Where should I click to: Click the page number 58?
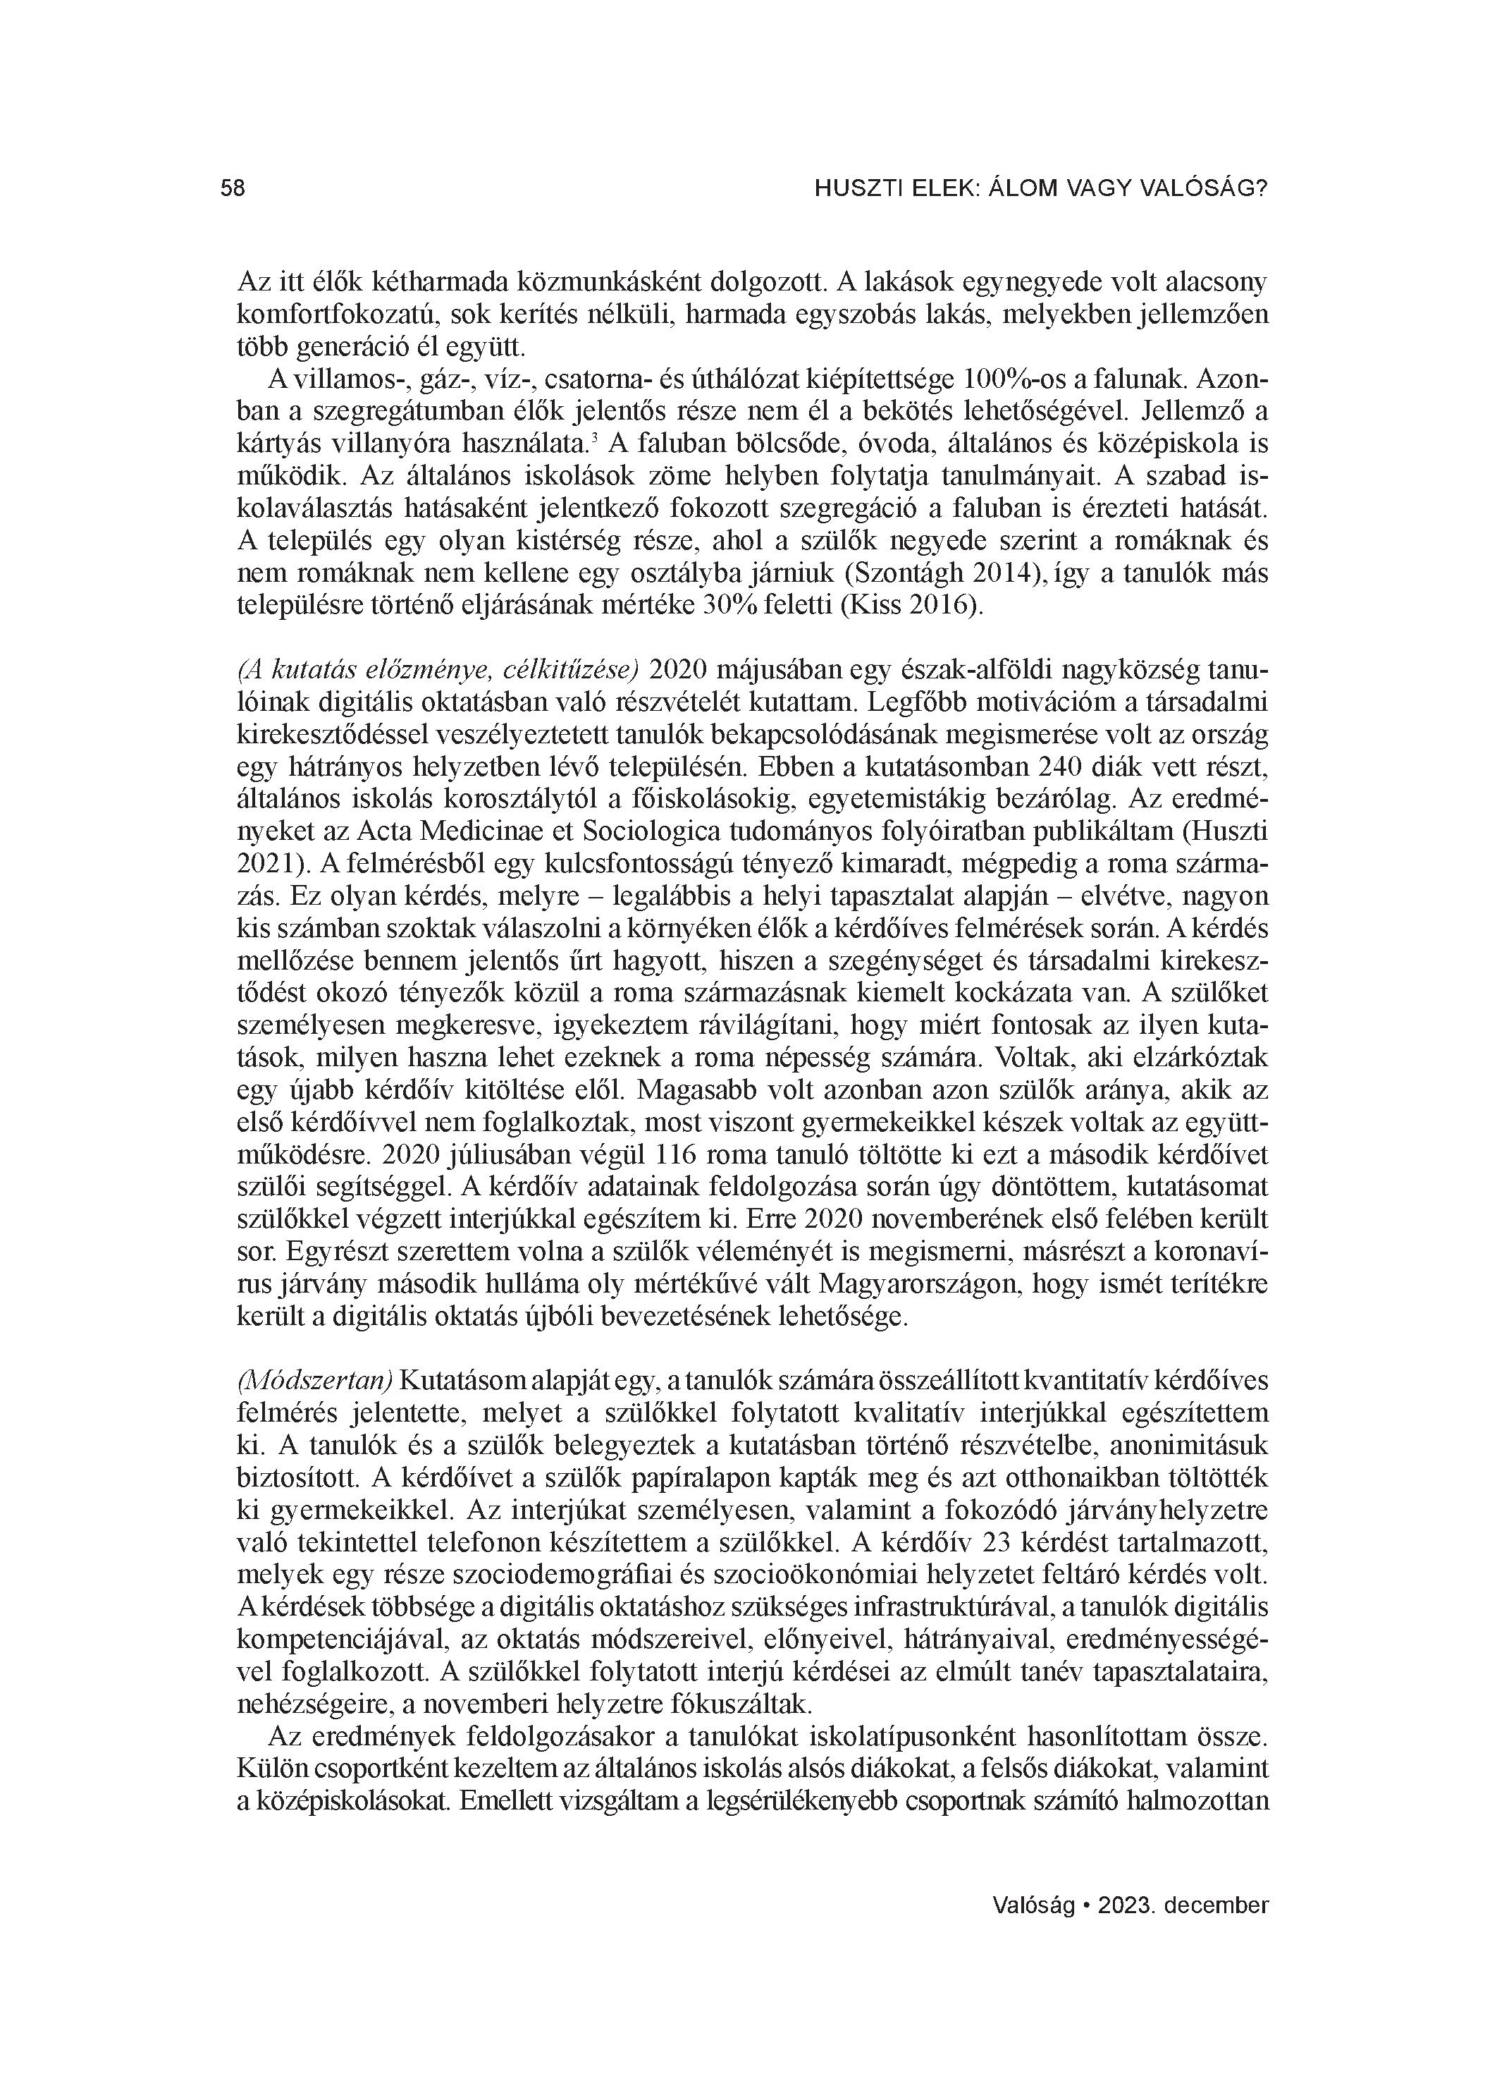click(233, 189)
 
